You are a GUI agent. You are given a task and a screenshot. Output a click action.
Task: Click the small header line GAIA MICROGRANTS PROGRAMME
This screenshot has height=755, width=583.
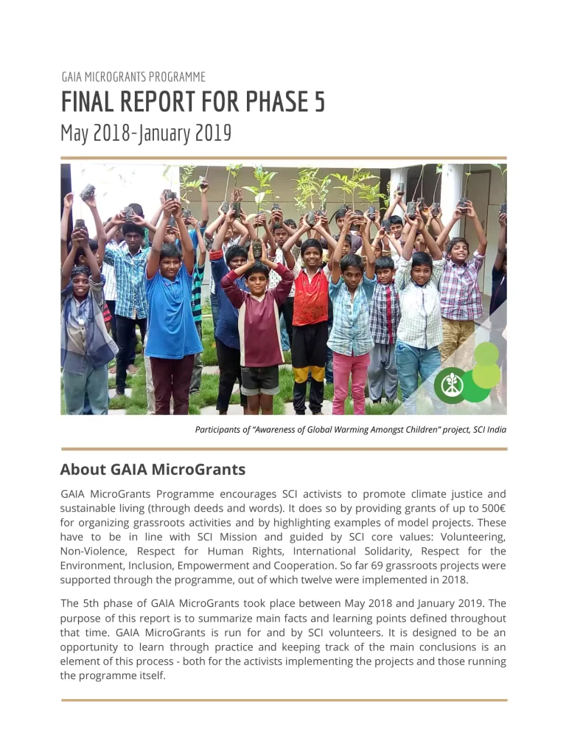click(x=133, y=77)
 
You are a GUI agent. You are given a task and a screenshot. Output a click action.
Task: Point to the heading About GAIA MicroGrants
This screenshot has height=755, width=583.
click(x=153, y=470)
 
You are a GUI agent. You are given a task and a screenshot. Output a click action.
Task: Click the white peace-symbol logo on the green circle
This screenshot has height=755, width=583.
click(x=449, y=383)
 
